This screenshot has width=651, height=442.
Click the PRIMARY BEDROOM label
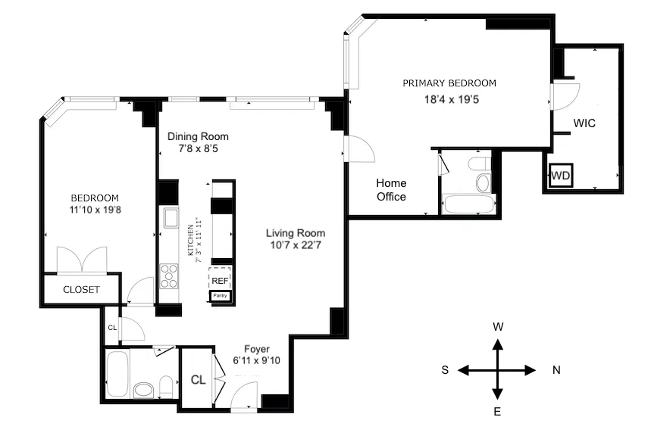pos(449,83)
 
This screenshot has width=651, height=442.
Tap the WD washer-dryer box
pos(560,176)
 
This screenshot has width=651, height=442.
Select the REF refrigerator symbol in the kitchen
pos(220,279)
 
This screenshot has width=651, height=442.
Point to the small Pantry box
pos(220,296)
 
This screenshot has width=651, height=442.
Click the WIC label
pos(584,123)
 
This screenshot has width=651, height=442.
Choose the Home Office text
pos(391,190)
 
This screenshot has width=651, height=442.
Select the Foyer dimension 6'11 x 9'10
pos(257,360)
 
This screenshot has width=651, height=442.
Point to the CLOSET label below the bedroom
pos(81,290)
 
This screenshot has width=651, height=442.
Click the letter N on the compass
pos(556,370)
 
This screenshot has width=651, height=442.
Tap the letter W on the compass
pos(498,327)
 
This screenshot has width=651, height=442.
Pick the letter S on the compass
pos(446,370)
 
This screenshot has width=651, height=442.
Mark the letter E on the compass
pos(498,412)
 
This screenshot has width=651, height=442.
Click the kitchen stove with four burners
pos(169,276)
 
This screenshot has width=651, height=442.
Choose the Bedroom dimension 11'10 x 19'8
pos(91,212)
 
